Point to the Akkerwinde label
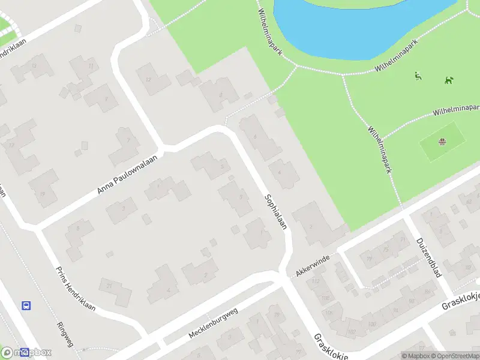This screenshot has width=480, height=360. [x=313, y=265]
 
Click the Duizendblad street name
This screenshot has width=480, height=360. [x=428, y=257]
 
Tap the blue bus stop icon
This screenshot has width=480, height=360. [x=26, y=305]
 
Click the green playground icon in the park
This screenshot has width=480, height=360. [x=418, y=76]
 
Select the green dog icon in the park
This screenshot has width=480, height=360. [x=448, y=80]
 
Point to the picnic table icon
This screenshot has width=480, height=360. [x=442, y=142]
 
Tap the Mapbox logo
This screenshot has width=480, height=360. [x=26, y=352]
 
